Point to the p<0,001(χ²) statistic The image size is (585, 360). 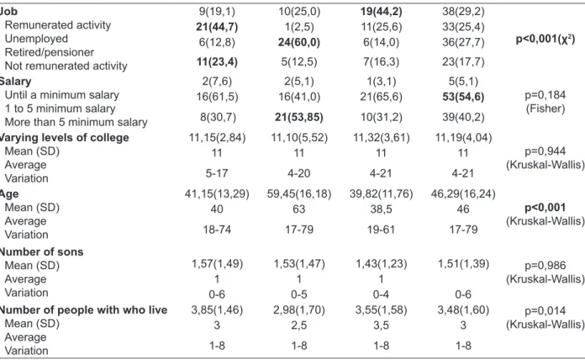(545, 40)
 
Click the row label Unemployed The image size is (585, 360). (36, 39)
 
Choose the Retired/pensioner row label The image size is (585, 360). (50, 52)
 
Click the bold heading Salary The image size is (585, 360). (15, 82)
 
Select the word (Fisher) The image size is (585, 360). (545, 109)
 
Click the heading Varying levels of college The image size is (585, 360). (64, 137)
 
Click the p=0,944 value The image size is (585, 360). (545, 151)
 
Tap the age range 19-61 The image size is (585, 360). (381, 229)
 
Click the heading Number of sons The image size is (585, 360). (41, 251)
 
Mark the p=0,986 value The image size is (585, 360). (545, 266)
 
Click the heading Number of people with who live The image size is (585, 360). (83, 310)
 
